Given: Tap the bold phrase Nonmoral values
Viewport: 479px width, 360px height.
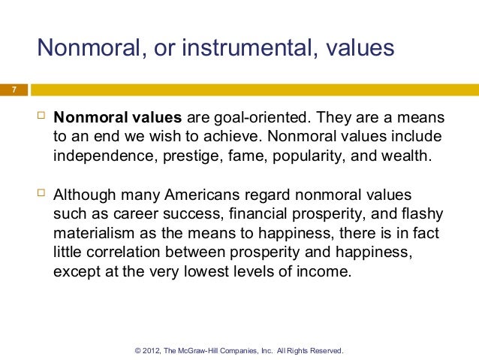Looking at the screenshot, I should [x=117, y=119].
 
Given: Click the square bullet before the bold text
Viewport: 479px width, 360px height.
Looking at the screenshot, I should [x=41, y=118].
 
